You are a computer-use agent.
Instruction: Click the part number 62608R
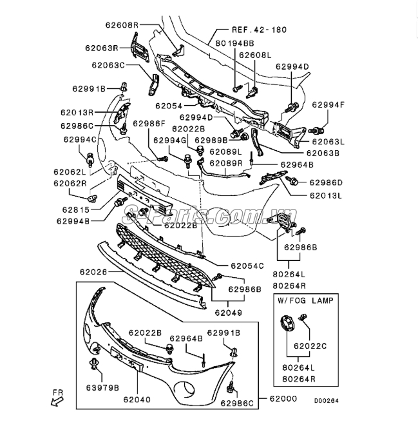(122, 25)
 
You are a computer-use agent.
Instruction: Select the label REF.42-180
(260, 30)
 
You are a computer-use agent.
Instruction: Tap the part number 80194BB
(235, 43)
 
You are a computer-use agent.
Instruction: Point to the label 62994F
(328, 105)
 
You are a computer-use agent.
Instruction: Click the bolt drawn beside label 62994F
(316, 130)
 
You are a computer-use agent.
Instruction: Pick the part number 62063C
(108, 65)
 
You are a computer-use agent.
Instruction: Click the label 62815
(76, 209)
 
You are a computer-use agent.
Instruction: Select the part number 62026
(93, 272)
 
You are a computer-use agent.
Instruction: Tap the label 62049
(229, 313)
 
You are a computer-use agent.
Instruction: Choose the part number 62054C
(247, 266)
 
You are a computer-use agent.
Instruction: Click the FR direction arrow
(57, 401)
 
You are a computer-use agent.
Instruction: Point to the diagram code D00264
(327, 401)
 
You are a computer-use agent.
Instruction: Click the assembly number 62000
(283, 398)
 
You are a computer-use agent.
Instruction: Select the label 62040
(137, 400)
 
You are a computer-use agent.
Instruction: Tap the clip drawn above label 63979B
(94, 364)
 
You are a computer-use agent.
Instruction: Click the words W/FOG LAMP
(306, 300)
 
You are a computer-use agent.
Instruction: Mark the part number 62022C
(310, 346)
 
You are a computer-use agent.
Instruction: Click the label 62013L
(326, 196)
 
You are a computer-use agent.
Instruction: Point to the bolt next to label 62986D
(292, 180)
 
